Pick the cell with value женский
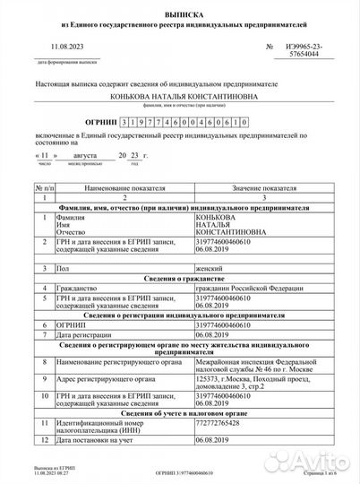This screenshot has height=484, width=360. pos(220,268)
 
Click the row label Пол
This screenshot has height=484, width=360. pos(62,268)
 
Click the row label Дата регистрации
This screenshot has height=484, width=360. pos(90,333)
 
